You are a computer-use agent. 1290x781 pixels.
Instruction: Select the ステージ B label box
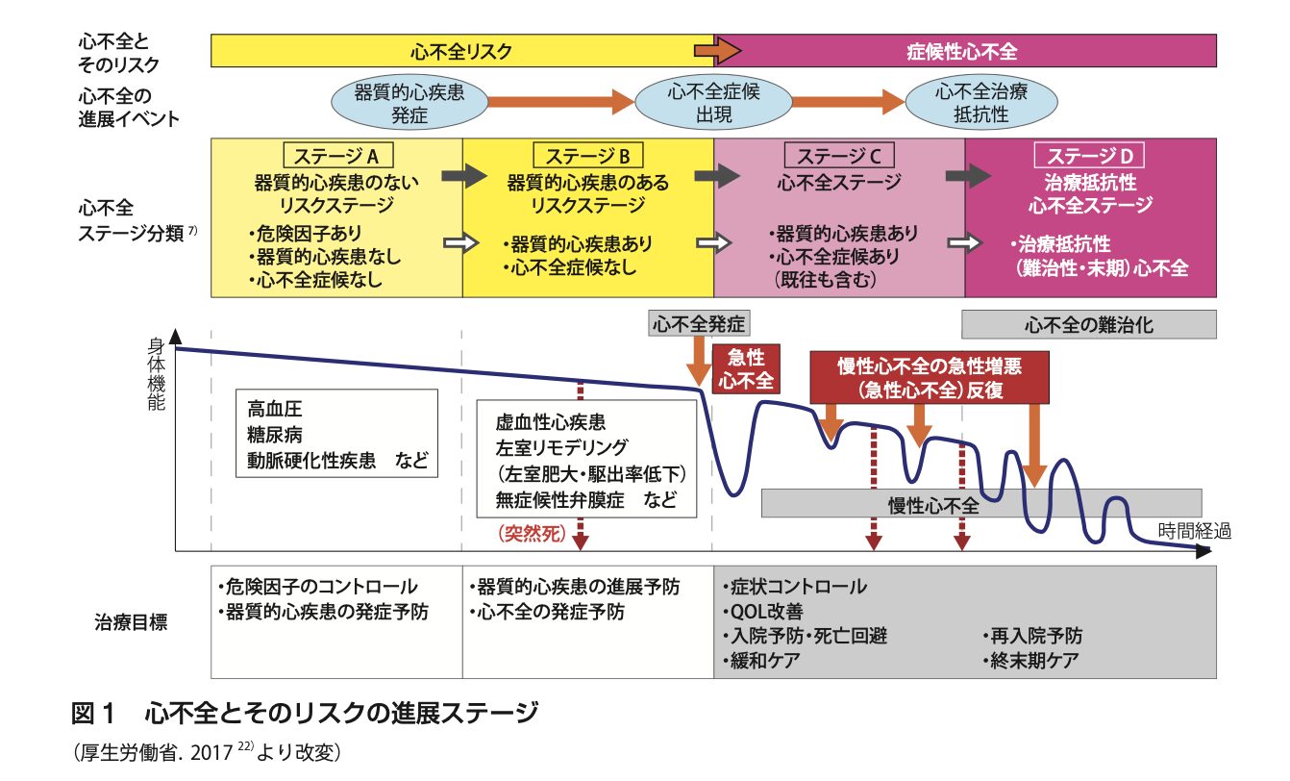pyautogui.click(x=587, y=156)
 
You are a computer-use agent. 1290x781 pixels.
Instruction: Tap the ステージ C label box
pyautogui.click(x=839, y=156)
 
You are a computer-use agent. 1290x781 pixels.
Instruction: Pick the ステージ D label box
pyautogui.click(x=1090, y=156)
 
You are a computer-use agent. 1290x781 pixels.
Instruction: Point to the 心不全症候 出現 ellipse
pyautogui.click(x=712, y=103)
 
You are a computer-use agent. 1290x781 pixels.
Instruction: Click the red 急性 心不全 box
pyautogui.click(x=744, y=367)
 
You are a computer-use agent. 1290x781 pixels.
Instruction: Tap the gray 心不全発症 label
pyautogui.click(x=699, y=323)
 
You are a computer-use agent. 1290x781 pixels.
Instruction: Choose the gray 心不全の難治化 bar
pyautogui.click(x=1089, y=324)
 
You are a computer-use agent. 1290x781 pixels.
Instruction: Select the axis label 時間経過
pyautogui.click(x=1194, y=530)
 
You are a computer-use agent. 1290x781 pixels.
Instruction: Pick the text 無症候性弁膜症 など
pyautogui.click(x=585, y=500)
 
